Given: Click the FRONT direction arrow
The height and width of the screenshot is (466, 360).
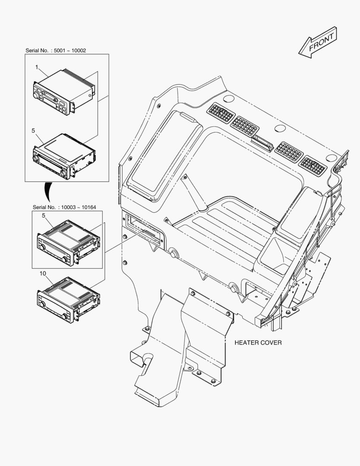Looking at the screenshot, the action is pyautogui.click(x=318, y=42).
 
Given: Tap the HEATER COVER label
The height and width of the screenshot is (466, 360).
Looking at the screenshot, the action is pyautogui.click(x=258, y=343).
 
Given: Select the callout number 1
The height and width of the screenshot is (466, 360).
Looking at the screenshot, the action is pyautogui.click(x=37, y=67).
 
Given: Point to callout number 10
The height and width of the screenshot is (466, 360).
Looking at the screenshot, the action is pyautogui.click(x=43, y=274).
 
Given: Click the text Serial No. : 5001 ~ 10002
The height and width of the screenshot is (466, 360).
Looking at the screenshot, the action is pyautogui.click(x=56, y=50).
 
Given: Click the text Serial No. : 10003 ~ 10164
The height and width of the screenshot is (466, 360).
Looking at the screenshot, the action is pyautogui.click(x=65, y=207).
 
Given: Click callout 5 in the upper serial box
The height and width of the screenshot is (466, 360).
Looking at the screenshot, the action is pyautogui.click(x=33, y=130).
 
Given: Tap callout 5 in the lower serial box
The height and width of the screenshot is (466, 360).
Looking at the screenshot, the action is pyautogui.click(x=44, y=215).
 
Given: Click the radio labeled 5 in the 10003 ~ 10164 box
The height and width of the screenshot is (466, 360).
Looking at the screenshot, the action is pyautogui.click(x=68, y=243).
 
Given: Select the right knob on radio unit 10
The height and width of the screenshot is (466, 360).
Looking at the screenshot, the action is pyautogui.click(x=64, y=316).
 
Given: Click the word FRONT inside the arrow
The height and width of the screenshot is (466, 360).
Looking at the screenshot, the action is pyautogui.click(x=321, y=42).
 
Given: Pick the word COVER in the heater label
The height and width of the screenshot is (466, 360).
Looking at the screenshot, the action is pyautogui.click(x=270, y=343).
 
